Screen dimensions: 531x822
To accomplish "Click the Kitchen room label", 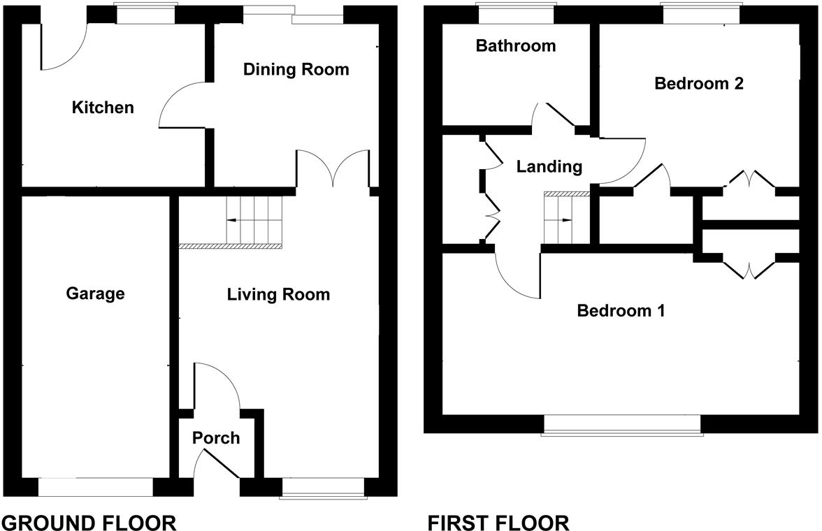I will point(103,108).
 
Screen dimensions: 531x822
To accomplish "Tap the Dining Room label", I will point(296,69).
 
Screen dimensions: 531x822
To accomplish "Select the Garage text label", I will point(95,293).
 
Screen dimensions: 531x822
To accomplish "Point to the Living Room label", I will point(278,295).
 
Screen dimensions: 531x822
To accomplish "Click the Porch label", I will point(216,438).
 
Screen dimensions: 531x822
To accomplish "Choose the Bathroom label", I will point(516,46).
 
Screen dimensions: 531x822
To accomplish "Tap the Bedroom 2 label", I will point(698,84).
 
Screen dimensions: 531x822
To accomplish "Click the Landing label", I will point(549,167).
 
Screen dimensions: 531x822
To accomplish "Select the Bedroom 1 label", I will point(621,310).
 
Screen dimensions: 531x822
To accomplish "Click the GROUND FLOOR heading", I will point(89,522).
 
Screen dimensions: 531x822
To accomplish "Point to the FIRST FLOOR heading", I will point(498,522).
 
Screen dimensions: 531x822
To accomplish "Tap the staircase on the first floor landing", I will point(565,219).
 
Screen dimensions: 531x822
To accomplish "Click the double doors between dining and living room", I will point(333,170).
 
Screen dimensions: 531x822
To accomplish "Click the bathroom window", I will point(516,14).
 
